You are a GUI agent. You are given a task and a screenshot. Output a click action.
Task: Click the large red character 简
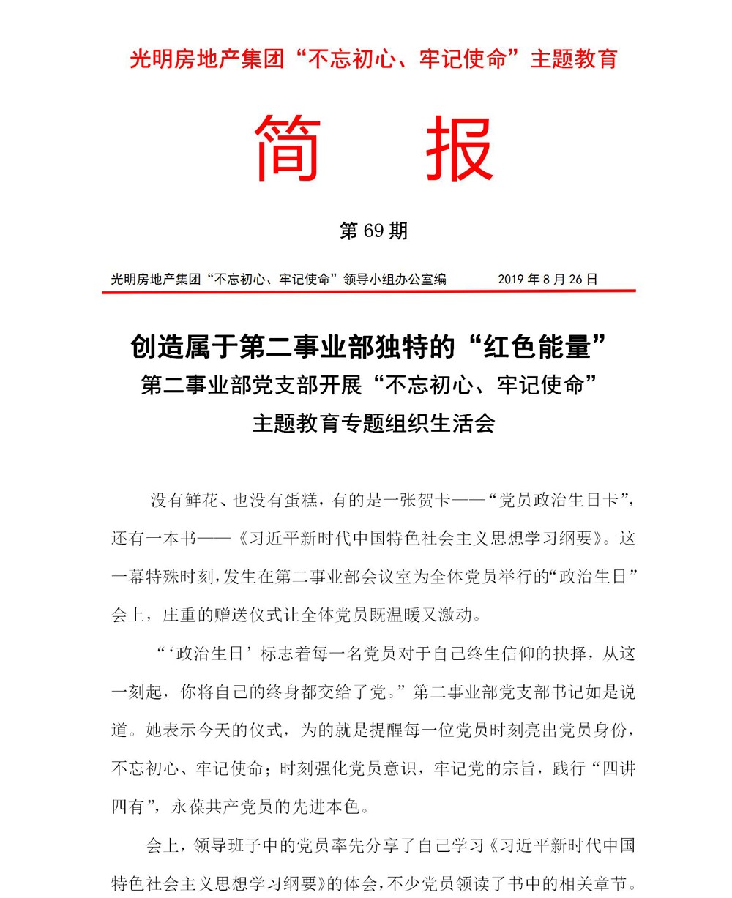[x=288, y=149]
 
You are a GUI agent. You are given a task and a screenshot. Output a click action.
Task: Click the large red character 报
[x=460, y=149]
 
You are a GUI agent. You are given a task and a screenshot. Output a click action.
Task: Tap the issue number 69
[x=373, y=231]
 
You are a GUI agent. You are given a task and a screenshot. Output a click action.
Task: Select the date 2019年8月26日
[x=548, y=279]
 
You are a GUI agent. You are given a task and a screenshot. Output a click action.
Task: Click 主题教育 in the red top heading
[x=574, y=59]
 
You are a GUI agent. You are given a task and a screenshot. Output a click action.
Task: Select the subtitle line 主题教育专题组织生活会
[x=373, y=423]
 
